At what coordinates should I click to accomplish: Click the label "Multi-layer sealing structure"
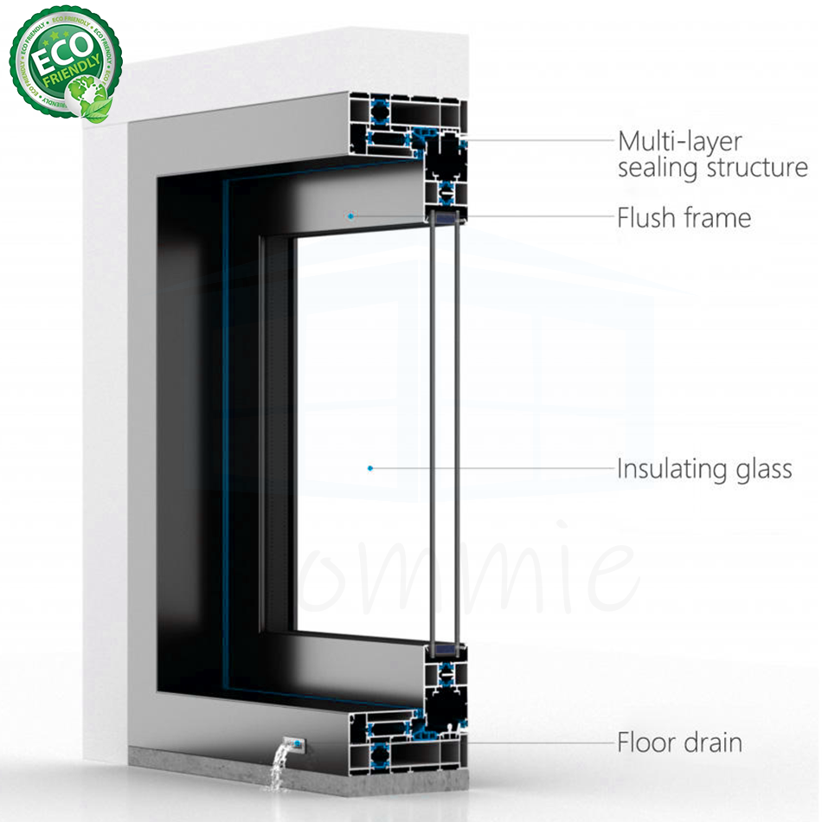[711, 153]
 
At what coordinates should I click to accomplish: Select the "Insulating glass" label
[704, 469]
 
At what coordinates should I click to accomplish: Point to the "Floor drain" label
[679, 742]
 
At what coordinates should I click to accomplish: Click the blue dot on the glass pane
[370, 468]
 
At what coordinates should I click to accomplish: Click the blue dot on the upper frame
[350, 215]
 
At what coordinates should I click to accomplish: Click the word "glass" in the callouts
[761, 469]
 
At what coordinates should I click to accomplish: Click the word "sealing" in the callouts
[658, 168]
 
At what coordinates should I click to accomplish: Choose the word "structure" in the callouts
[757, 167]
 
